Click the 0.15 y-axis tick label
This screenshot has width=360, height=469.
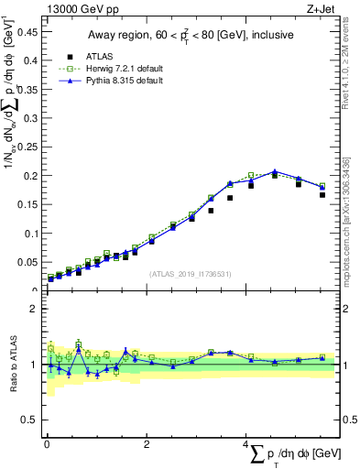(26, 204)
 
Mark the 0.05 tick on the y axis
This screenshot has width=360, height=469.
(26, 262)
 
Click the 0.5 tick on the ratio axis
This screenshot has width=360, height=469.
(28, 420)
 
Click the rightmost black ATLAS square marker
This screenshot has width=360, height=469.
(322, 194)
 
